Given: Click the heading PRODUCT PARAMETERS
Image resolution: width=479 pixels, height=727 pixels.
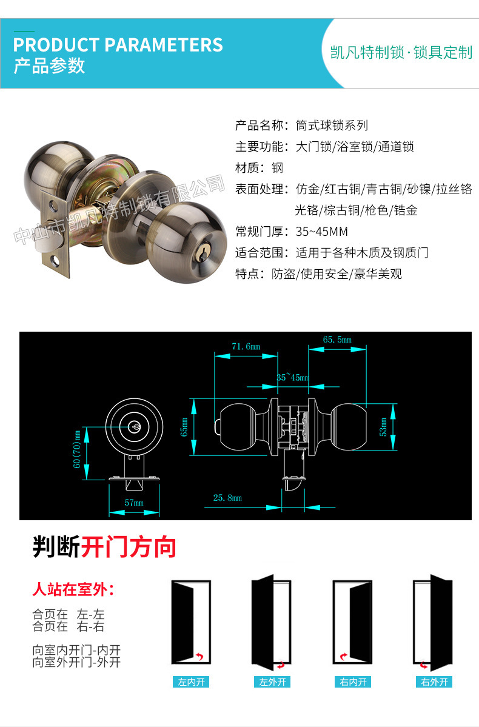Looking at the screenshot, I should tap(118, 45).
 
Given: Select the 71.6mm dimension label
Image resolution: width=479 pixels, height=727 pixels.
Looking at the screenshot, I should tap(246, 346).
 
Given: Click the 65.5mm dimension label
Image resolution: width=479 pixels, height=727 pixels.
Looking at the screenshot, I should tap(337, 340).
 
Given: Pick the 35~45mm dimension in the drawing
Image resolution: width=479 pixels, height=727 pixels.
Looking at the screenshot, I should tap(292, 377).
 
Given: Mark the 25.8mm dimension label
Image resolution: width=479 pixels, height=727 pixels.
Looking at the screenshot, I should tap(227, 498).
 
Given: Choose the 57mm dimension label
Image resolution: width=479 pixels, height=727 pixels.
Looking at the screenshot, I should tap(134, 503).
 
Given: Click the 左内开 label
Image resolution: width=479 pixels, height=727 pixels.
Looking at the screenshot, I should tap(191, 682).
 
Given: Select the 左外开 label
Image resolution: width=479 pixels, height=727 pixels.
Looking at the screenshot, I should tap(272, 682).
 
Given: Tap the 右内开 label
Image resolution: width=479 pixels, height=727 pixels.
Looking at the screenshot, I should tap(353, 682).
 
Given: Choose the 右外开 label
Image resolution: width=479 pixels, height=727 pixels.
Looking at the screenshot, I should tap(434, 682).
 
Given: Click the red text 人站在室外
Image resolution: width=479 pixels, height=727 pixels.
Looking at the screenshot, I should tap(73, 589).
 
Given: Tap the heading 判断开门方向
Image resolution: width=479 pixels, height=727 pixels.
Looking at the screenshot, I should tap(104, 548).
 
